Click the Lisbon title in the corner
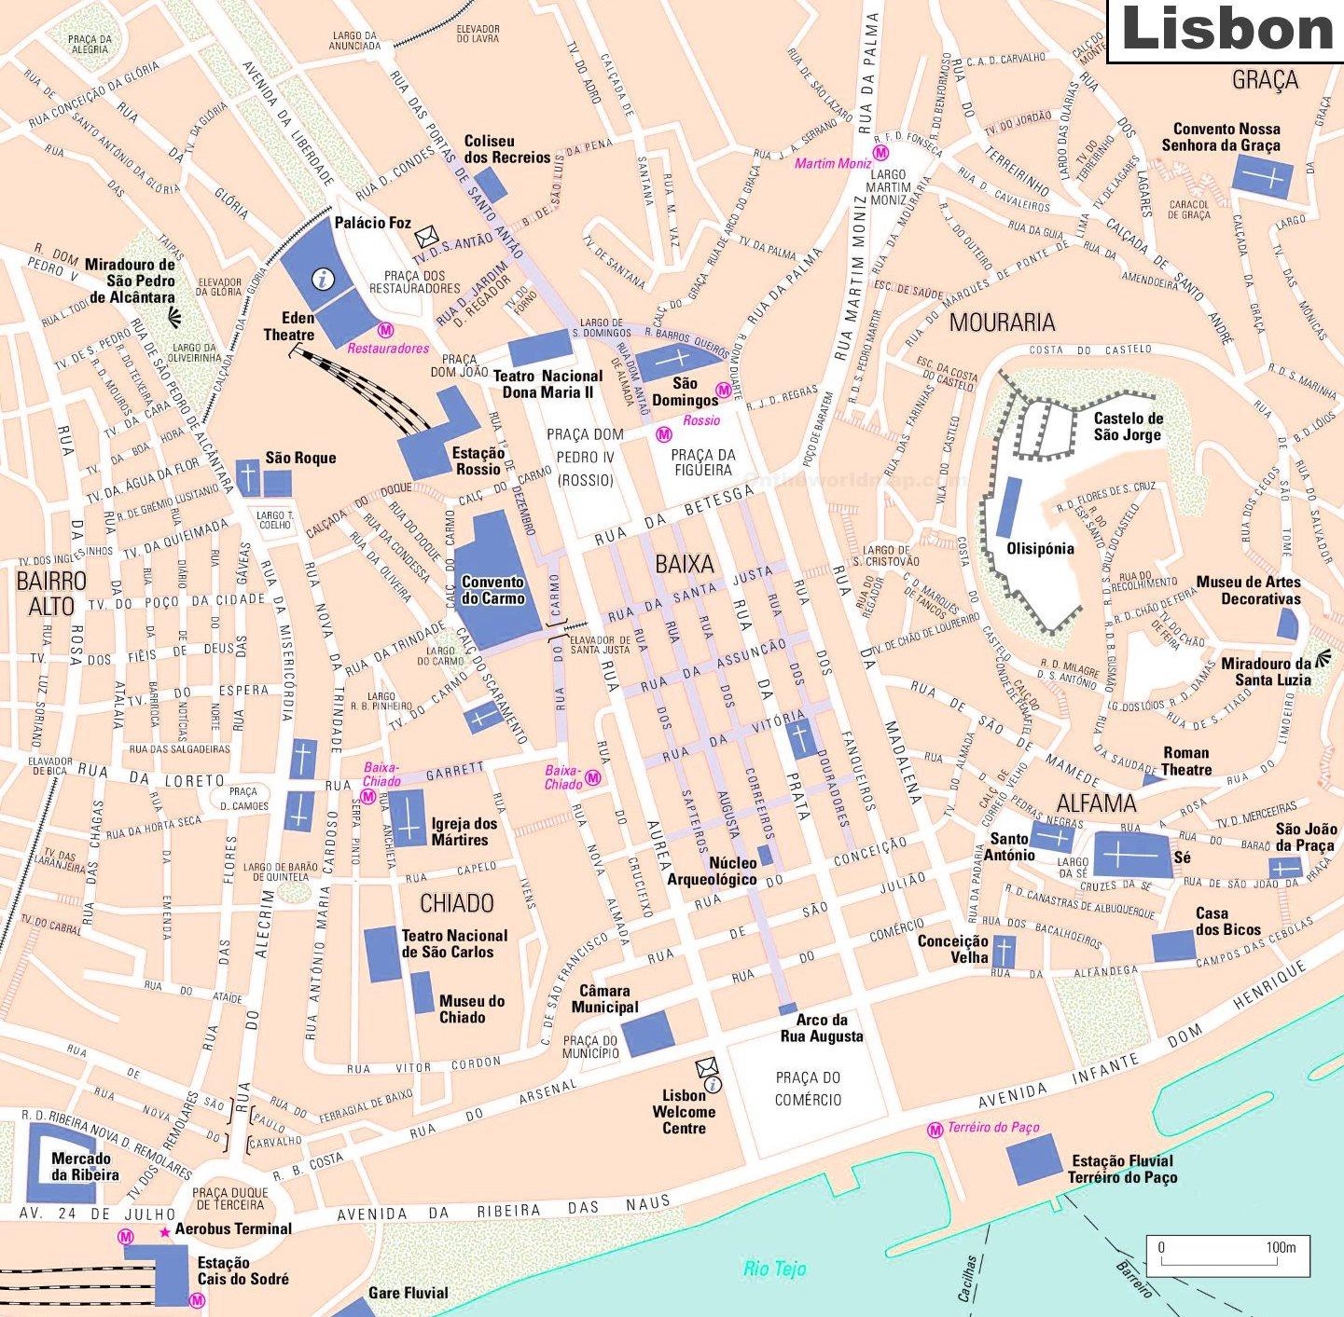[x=1226, y=30]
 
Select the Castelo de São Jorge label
[x=1128, y=427]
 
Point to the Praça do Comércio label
[x=808, y=1088]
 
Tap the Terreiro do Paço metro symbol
[x=935, y=1130]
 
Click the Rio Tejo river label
[x=774, y=1269]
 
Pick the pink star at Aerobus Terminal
[x=165, y=1232]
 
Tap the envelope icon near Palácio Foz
[x=426, y=234]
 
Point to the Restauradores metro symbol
[x=385, y=330]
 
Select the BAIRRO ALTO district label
[x=51, y=593]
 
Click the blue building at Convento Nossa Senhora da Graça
[x=1263, y=175]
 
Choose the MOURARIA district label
[x=1002, y=322]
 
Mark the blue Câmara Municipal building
[x=647, y=1033]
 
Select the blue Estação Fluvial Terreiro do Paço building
[x=1034, y=1159]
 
